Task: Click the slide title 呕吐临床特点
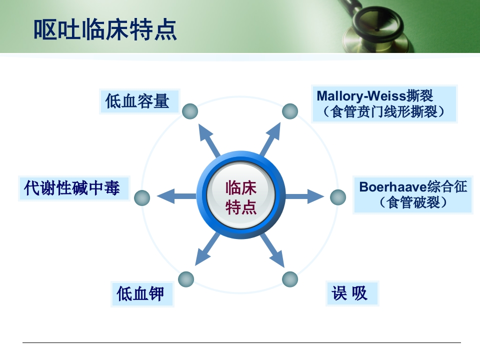pyautogui.click(x=105, y=29)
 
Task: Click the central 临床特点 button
pyautogui.click(x=241, y=196)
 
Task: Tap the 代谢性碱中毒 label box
pyautogui.click(x=72, y=188)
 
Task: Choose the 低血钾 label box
pyautogui.click(x=141, y=293)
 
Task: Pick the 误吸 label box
pyautogui.click(x=350, y=293)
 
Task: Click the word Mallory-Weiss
pyautogui.click(x=354, y=95)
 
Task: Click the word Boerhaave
pyautogui.click(x=392, y=187)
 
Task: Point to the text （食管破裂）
pyautogui.click(x=413, y=203)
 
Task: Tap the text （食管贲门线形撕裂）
pyautogui.click(x=383, y=111)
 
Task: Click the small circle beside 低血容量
pyautogui.click(x=189, y=111)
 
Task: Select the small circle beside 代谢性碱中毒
pyautogui.click(x=142, y=198)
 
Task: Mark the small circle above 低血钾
pyautogui.click(x=186, y=279)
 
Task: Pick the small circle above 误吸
pyautogui.click(x=290, y=279)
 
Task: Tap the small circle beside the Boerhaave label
pyautogui.click(x=338, y=197)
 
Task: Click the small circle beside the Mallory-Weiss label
pyautogui.click(x=290, y=111)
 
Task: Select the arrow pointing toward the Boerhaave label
pyautogui.click(x=306, y=196)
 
